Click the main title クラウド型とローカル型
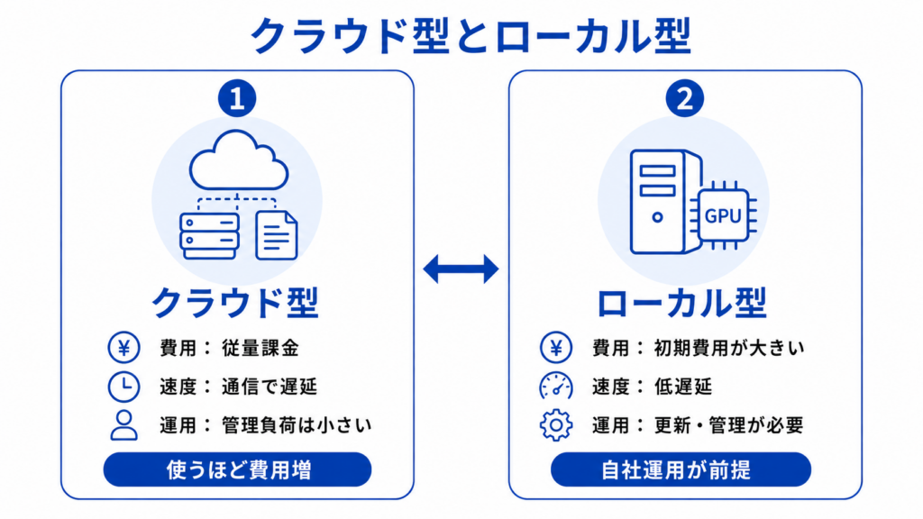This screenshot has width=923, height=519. pos(471,35)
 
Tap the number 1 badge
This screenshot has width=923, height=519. pos(237,98)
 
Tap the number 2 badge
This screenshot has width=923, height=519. pos(685,98)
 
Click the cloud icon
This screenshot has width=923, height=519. pos(238,160)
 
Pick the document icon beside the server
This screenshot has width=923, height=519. pos(277,235)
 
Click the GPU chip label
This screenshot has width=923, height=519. pos(724,216)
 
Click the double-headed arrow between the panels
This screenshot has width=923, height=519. pos(461,269)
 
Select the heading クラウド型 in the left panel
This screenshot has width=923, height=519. pos(235,303)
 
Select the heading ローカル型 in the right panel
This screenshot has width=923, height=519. pos(681,303)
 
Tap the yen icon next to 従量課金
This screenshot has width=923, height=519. pos(123,347)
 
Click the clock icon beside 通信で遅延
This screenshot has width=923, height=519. pos(123,387)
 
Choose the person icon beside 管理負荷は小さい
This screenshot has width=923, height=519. pos(123,425)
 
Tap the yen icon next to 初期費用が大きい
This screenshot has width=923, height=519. pos(555,347)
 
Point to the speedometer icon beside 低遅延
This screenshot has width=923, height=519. pos(555,387)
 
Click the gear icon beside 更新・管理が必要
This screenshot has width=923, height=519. pos(555,425)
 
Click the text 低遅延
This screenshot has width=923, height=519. pos(683,387)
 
